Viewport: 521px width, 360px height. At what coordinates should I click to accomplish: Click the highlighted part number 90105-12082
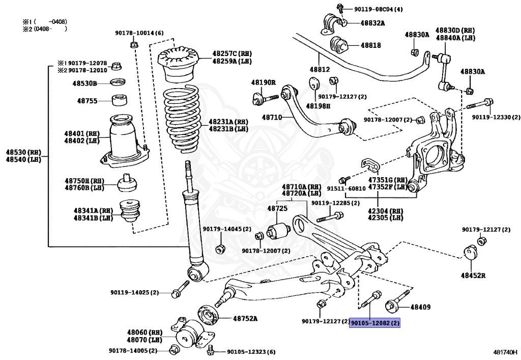tap(374, 323)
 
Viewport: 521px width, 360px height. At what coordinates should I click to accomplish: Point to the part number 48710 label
tap(272, 117)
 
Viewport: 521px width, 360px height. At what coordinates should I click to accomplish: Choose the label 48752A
tap(245, 319)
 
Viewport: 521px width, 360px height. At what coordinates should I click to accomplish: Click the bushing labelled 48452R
tap(471, 253)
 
